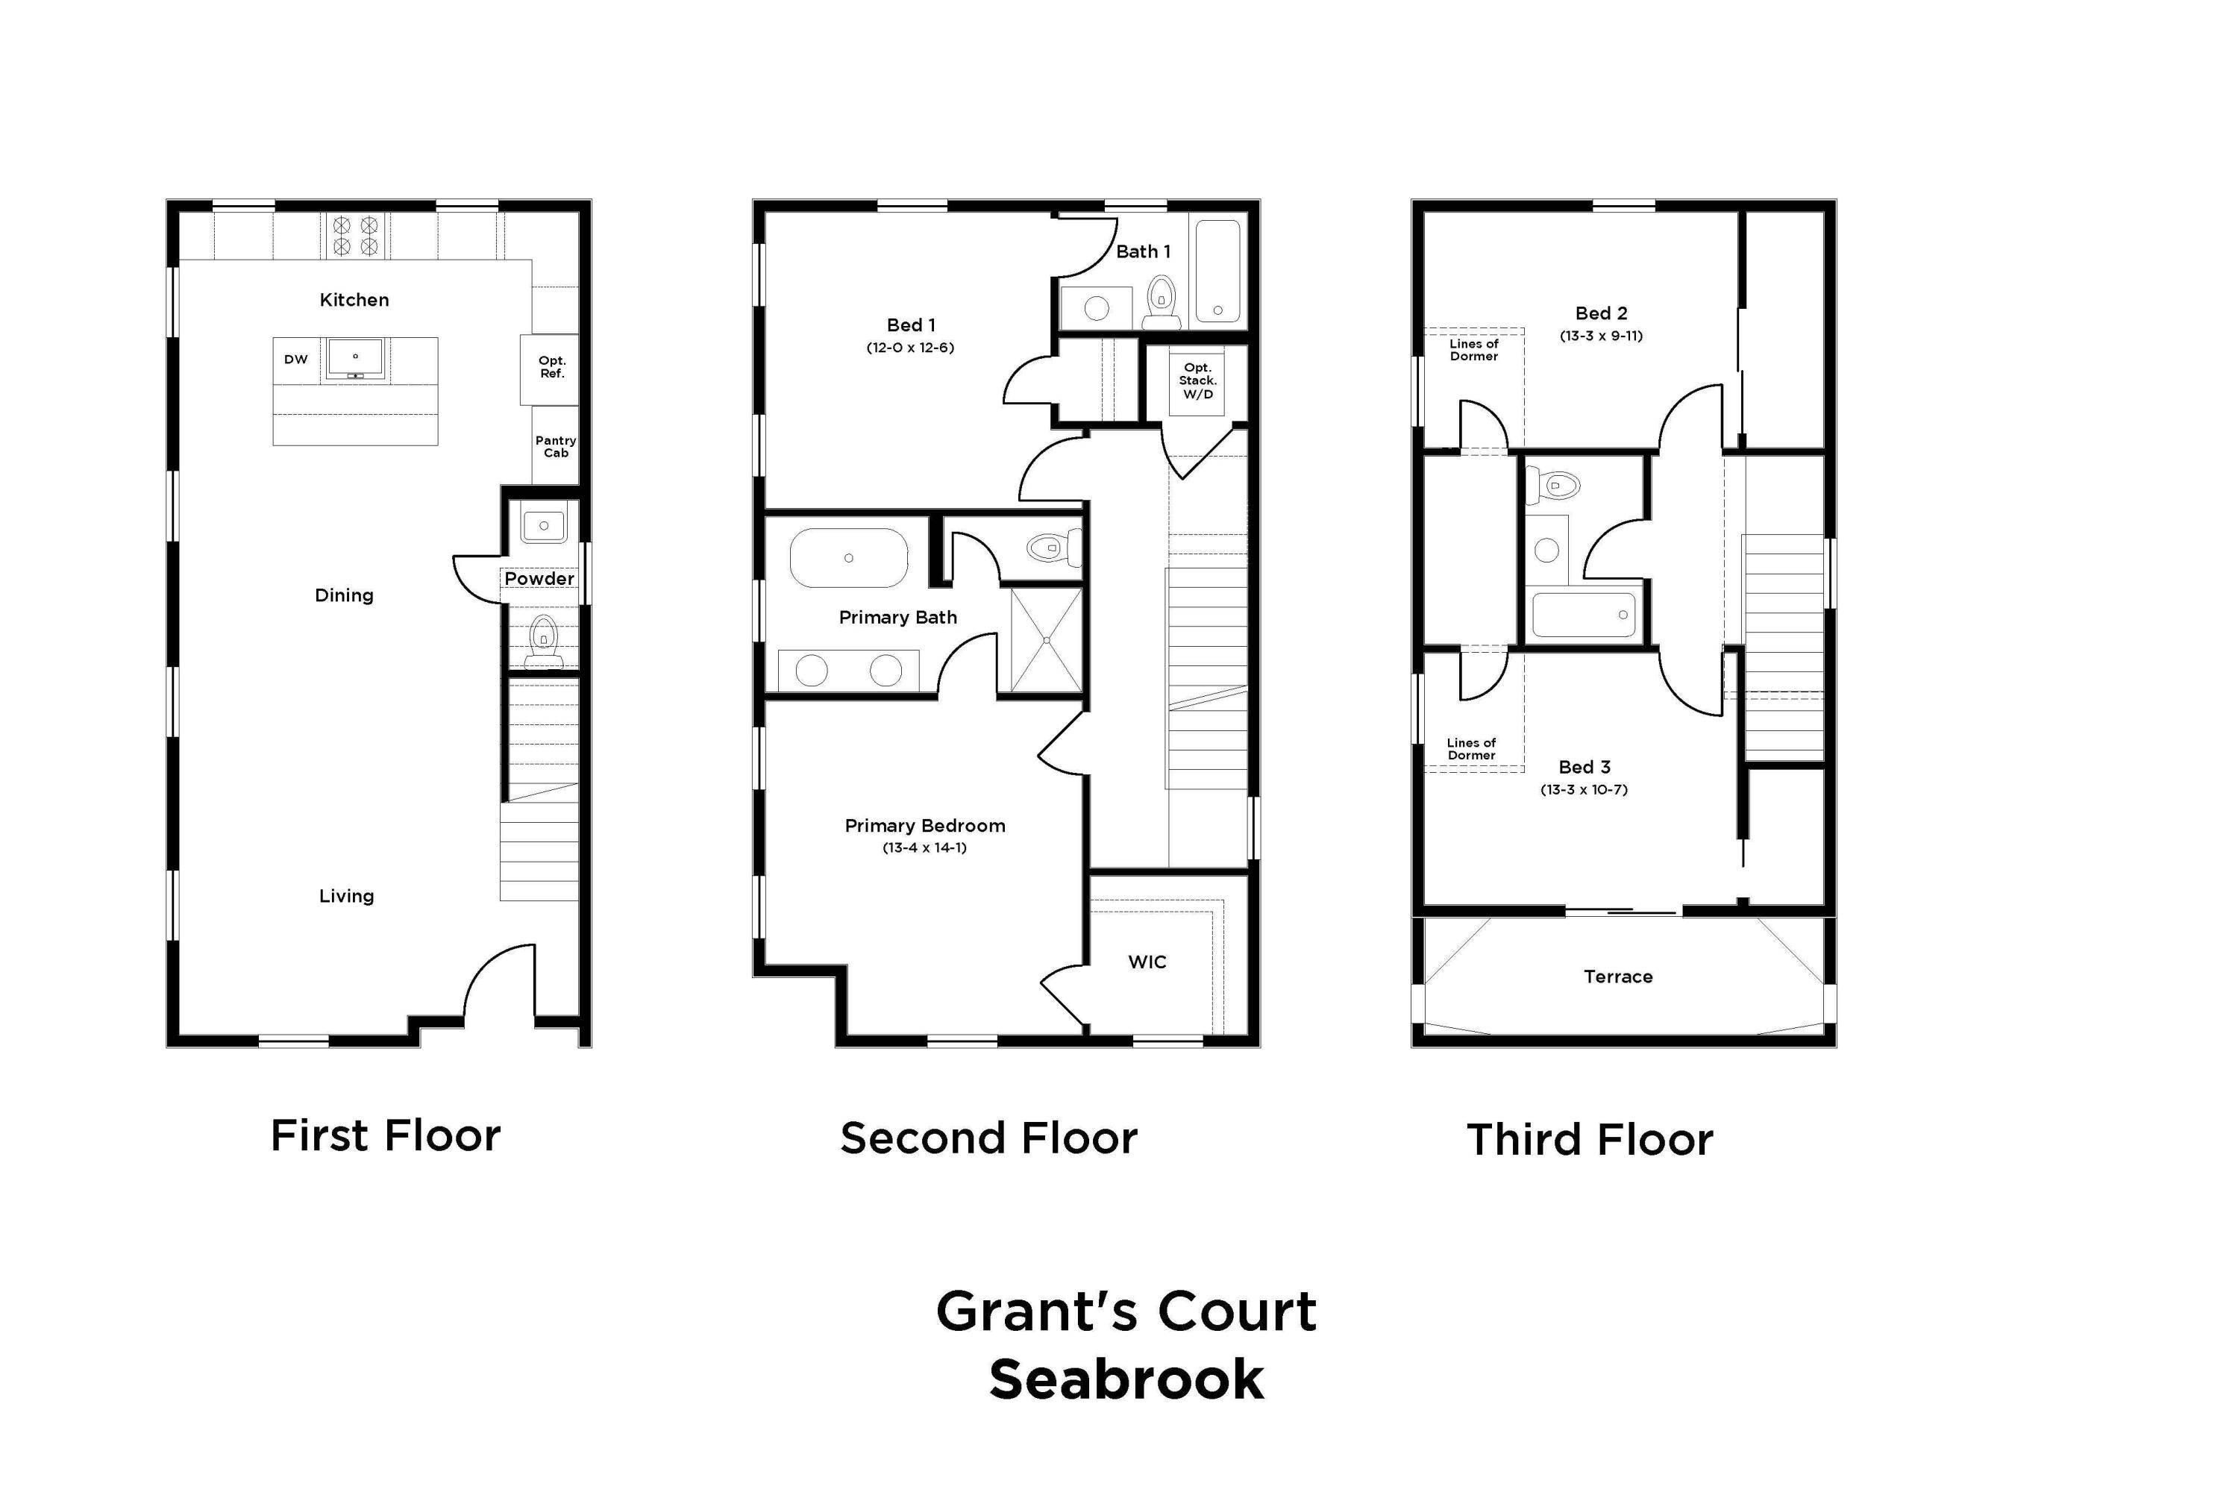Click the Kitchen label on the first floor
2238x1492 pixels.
[x=354, y=300]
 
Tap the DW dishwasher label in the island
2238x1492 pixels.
[x=296, y=360]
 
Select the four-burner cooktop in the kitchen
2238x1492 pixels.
[x=355, y=235]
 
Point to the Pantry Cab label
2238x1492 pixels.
[x=556, y=447]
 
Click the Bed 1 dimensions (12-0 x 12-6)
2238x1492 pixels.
[x=909, y=348]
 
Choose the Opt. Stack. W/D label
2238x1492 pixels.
[x=1197, y=380]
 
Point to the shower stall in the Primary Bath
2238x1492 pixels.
[x=1046, y=640]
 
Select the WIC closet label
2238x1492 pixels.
[x=1147, y=962]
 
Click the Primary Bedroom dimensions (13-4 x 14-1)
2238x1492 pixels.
[x=924, y=847]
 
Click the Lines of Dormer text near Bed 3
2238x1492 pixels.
[x=1471, y=749]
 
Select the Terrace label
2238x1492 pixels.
[x=1617, y=977]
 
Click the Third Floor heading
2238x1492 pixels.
[x=1589, y=1140]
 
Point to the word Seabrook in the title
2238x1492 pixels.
[x=1126, y=1379]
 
